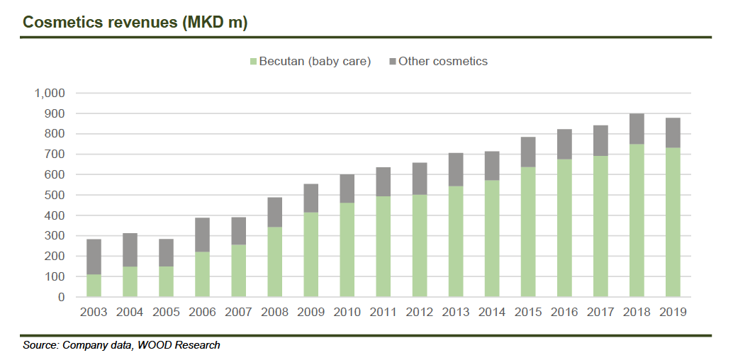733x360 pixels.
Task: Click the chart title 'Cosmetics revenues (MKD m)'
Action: tap(135, 22)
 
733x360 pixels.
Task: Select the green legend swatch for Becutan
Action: tap(252, 62)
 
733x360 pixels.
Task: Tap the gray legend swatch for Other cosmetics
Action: tap(392, 62)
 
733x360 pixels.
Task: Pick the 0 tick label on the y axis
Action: tap(61, 297)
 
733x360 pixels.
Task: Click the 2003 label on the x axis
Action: tap(94, 313)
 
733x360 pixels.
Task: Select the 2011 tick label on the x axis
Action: tap(383, 313)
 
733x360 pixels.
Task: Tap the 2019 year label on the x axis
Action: tap(671, 313)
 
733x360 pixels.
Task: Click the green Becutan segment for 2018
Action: tap(635, 220)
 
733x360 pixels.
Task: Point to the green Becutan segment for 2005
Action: tap(167, 281)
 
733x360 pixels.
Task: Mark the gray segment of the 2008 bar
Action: tap(274, 212)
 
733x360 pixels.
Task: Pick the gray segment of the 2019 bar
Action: tap(671, 133)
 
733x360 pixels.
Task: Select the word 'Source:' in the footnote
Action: tap(41, 345)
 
